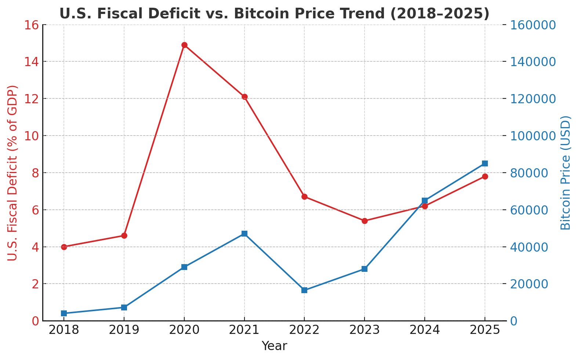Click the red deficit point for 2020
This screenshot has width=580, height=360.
(184, 45)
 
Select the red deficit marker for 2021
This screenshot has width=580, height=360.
(244, 97)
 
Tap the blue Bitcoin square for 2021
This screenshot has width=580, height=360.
(244, 234)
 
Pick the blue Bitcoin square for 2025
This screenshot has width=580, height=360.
(485, 163)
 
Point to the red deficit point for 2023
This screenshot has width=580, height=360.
(365, 221)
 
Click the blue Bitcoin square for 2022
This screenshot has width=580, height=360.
(304, 290)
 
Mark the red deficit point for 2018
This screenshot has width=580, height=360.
(64, 247)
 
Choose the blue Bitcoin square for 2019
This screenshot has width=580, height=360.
(124, 307)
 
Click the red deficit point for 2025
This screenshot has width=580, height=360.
(485, 176)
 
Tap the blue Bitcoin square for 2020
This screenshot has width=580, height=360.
(184, 267)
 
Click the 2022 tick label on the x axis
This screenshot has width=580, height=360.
(304, 330)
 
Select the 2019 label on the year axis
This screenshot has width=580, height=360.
(124, 330)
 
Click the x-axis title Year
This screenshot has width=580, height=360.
(274, 346)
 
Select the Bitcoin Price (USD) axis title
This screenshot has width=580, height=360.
(566, 173)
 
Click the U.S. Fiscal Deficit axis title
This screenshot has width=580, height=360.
(13, 173)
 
